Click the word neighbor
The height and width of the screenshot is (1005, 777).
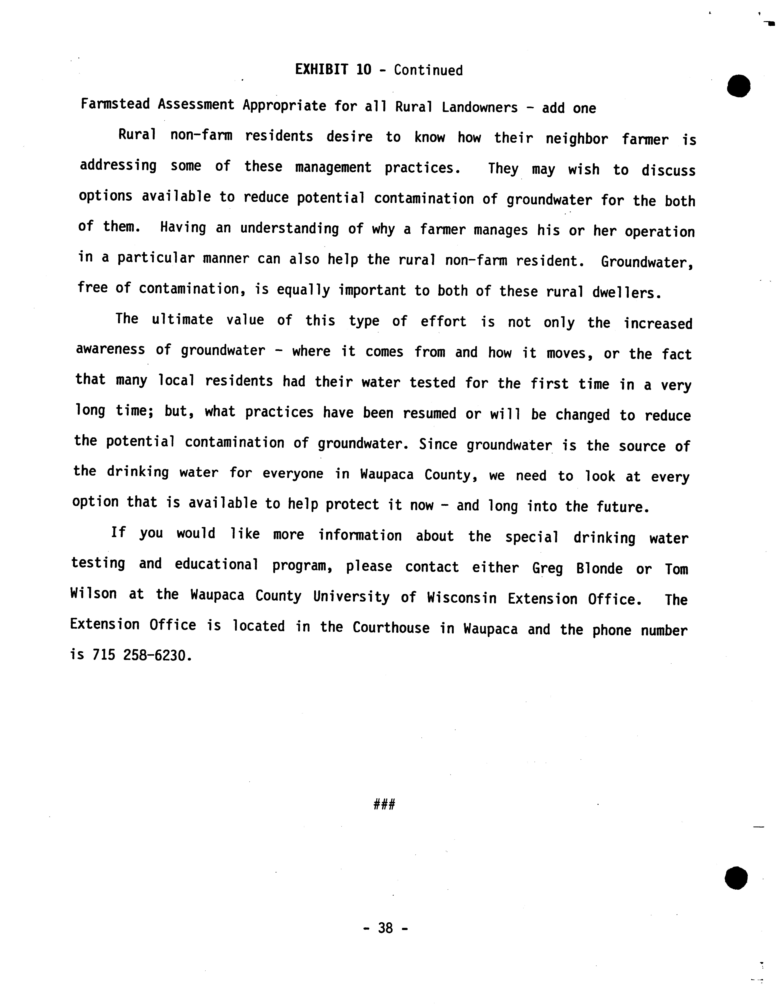[577, 139]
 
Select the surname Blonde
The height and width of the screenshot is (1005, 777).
[599, 569]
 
